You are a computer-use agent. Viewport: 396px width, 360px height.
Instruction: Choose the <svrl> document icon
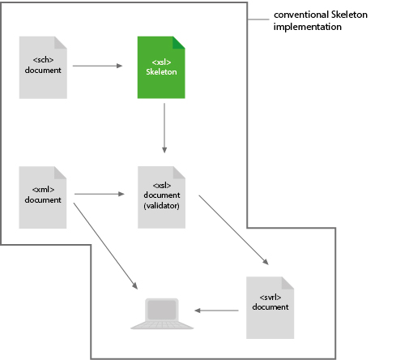tap(270, 307)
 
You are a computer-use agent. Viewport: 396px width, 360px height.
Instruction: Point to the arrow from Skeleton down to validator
tap(164, 128)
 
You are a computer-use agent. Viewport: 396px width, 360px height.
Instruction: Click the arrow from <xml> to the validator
tap(100, 195)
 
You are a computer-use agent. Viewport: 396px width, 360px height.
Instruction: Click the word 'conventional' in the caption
tap(300, 15)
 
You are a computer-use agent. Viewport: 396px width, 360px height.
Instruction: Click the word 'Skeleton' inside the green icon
tap(161, 72)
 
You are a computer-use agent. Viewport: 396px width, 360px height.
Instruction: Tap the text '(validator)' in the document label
tap(161, 205)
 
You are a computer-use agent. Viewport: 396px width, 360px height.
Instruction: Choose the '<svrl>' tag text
tap(270, 299)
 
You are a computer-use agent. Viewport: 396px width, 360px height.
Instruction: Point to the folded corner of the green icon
tap(180, 42)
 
